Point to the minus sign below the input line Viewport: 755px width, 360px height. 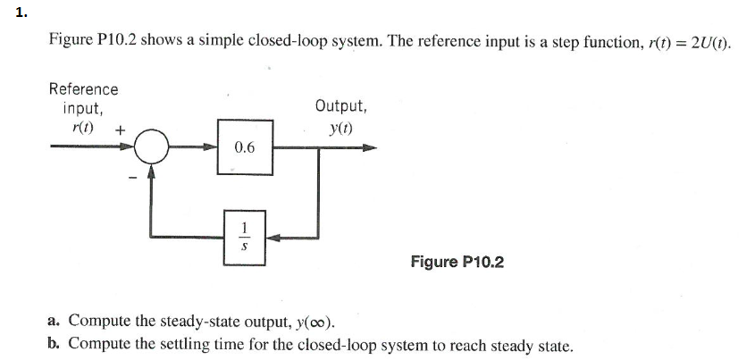pyautogui.click(x=131, y=176)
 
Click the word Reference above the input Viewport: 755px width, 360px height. pyautogui.click(x=83, y=89)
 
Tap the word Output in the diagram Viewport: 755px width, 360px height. pyautogui.click(x=340, y=106)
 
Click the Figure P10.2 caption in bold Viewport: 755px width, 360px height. pyautogui.click(x=457, y=262)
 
